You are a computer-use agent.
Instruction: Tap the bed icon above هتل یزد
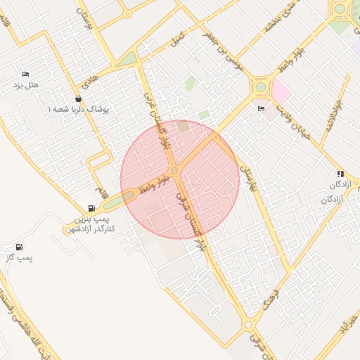coord(26,75)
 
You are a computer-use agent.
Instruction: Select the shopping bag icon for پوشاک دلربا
coord(77,99)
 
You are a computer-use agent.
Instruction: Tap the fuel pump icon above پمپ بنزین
coord(91,208)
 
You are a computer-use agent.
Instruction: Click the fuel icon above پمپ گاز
coord(18,247)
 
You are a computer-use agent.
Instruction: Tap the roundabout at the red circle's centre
coord(174,171)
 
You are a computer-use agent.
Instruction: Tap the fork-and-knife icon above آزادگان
coord(340,174)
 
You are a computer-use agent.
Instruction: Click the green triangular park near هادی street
coord(127,59)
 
